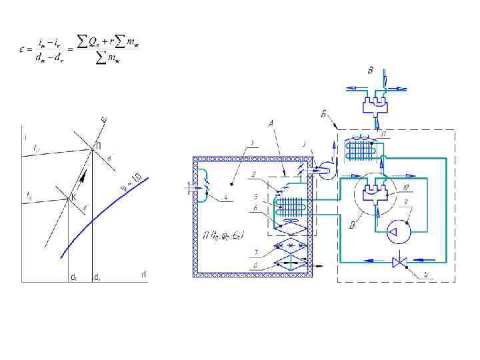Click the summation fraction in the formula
[x=110, y=51]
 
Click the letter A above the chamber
[x=271, y=121]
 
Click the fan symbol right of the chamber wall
[x=322, y=170]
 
